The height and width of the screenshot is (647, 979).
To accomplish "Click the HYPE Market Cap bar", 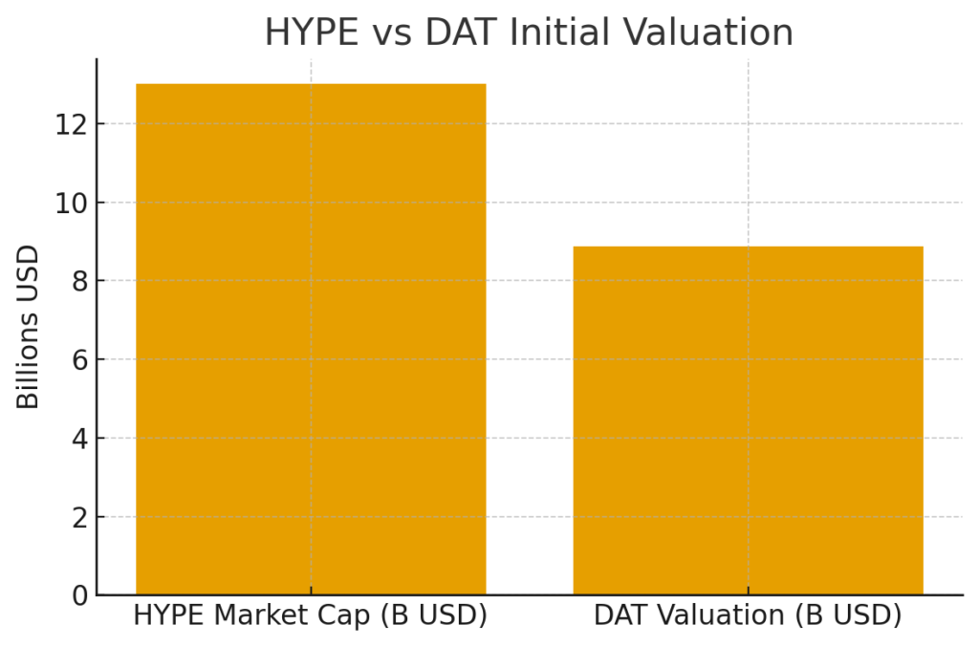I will (311, 339).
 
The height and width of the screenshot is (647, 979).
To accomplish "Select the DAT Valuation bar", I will (748, 421).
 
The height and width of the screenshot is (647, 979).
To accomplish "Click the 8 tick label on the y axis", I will (78, 281).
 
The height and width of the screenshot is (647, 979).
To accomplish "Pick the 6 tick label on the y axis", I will (78, 360).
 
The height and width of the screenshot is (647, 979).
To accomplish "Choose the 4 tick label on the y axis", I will (78, 439).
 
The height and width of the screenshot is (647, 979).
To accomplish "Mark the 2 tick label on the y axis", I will (78, 517).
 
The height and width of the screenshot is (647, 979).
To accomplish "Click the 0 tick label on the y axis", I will (78, 595).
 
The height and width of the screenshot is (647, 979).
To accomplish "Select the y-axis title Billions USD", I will (29, 327).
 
